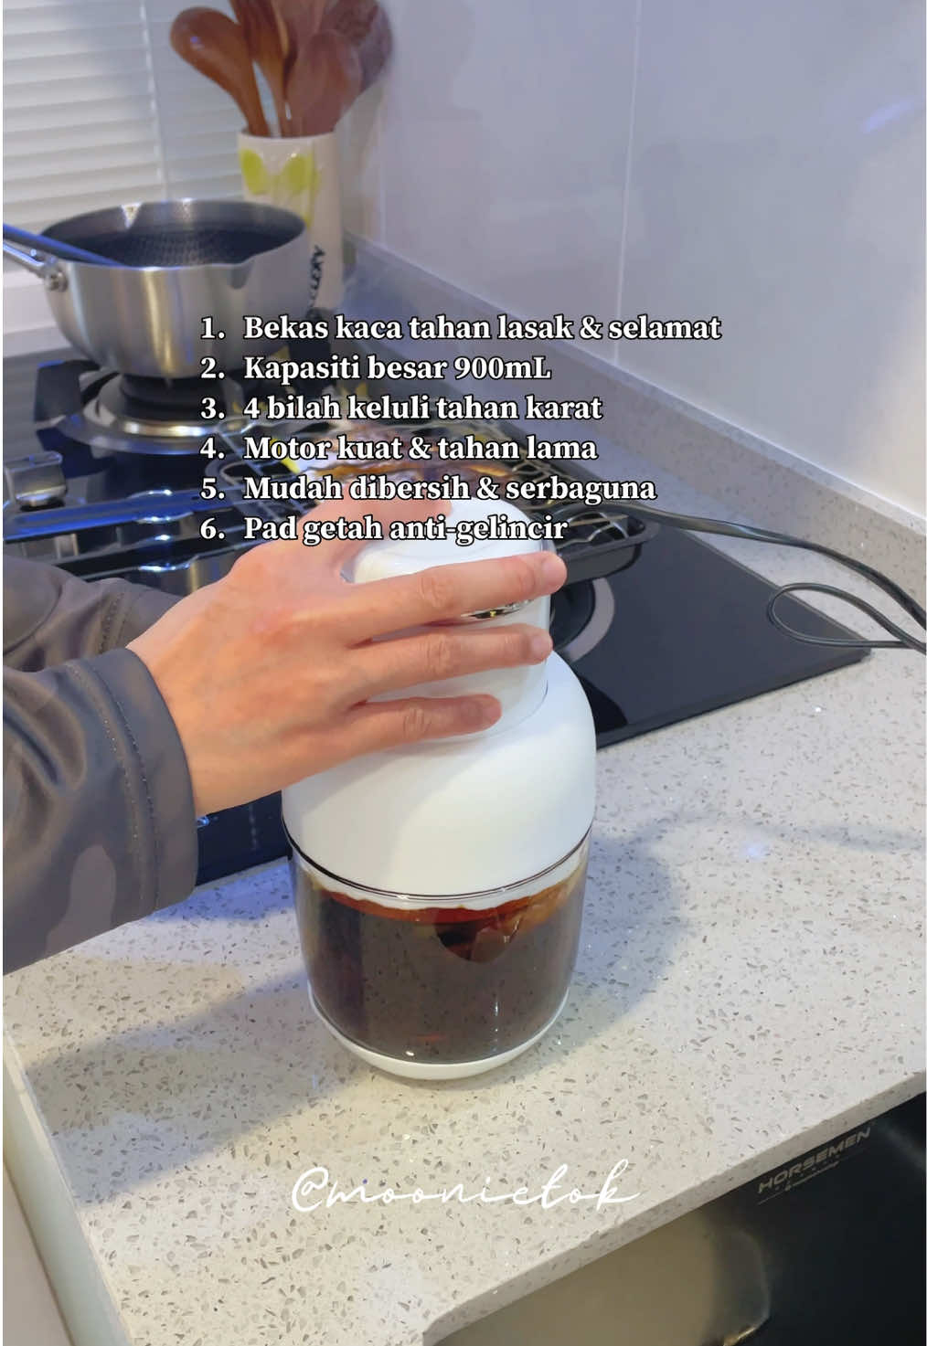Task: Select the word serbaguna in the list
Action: [x=581, y=488]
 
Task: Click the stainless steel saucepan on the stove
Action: [x=174, y=274]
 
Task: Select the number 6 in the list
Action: [x=211, y=529]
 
